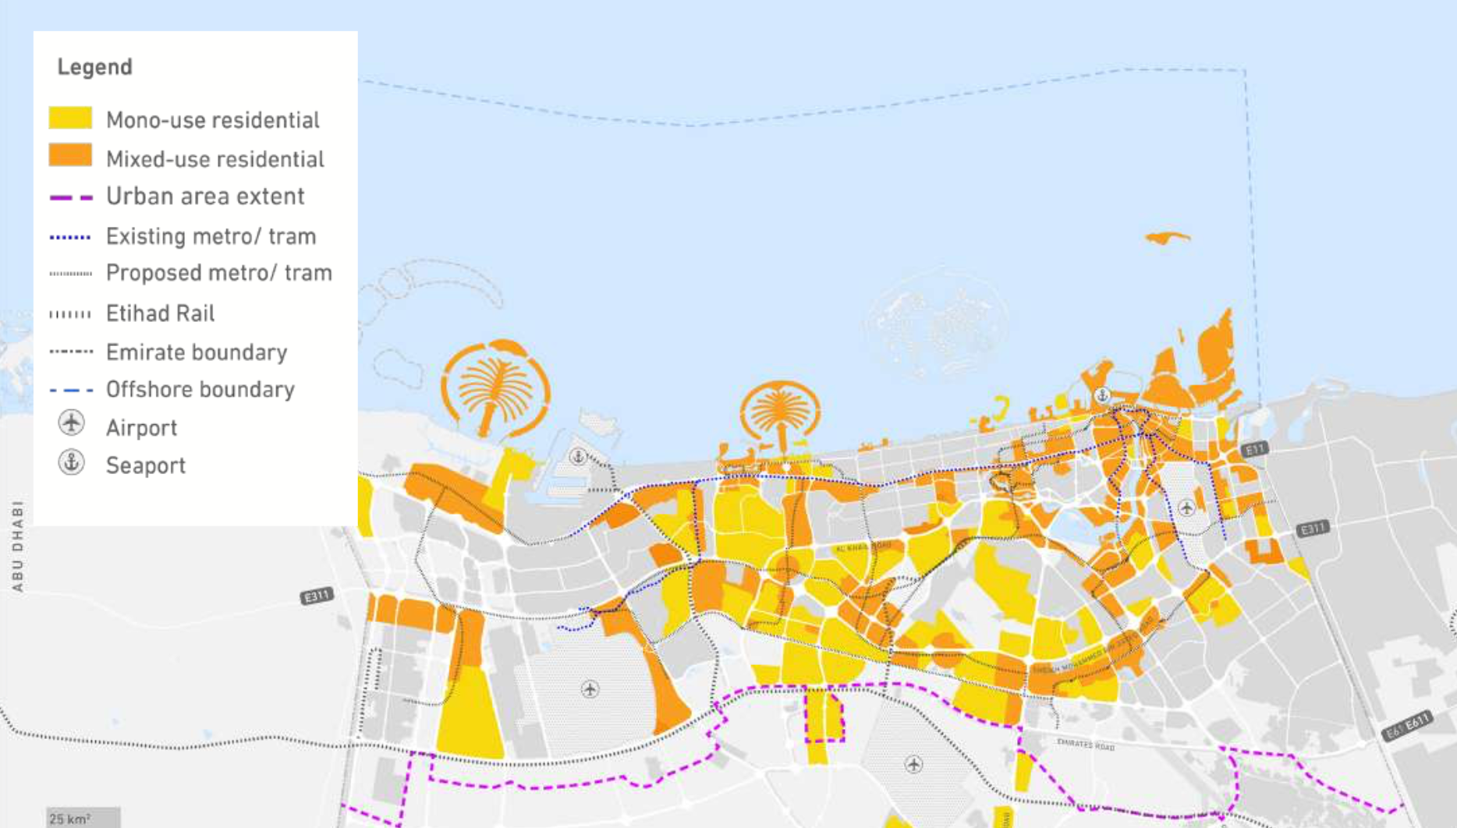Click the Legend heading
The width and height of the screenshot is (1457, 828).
94,67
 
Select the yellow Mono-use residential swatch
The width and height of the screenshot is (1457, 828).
70,119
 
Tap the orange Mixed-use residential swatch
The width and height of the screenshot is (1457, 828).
70,155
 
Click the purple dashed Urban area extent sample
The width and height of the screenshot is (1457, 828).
71,197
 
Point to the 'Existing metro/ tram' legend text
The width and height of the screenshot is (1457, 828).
211,236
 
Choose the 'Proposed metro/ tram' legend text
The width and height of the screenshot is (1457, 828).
218,273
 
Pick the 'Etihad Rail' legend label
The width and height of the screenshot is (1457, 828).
160,313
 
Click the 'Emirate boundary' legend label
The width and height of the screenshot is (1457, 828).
197,352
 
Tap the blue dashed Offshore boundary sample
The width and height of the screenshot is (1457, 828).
71,390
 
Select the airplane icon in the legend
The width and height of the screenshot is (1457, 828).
71,423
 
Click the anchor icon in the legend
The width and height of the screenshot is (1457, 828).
71,462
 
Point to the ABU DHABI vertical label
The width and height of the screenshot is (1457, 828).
17,546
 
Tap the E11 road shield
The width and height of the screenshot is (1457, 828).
1254,450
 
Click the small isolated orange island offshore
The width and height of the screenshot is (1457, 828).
1167,238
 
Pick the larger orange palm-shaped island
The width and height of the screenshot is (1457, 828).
494,387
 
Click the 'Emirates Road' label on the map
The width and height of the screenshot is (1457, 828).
1086,745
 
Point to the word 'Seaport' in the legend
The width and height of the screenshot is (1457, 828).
146,465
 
